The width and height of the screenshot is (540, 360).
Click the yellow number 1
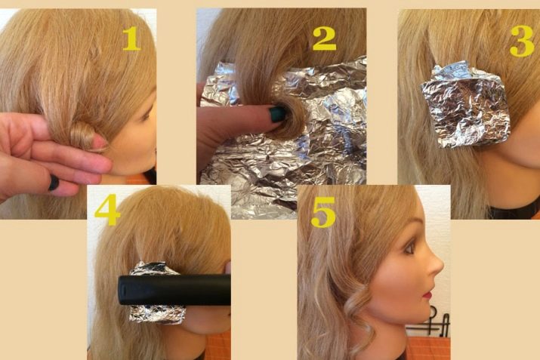click(x=131, y=38)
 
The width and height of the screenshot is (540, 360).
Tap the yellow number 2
click(x=324, y=38)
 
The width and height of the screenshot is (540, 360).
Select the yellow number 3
click(x=522, y=41)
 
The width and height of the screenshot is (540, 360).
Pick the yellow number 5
click(x=323, y=212)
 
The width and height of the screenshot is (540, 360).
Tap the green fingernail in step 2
click(x=277, y=114)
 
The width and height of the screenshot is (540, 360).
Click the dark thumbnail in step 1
click(x=54, y=183)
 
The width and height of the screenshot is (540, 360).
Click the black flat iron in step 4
click(x=174, y=290)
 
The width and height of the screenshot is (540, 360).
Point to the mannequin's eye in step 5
click(x=409, y=248)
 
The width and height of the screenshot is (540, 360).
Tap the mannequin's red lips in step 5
click(x=428, y=295)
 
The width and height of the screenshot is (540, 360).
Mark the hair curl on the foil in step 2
click(x=289, y=117)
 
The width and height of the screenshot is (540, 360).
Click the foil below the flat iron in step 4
click(x=156, y=314)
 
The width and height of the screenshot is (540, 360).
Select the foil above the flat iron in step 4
click(x=152, y=269)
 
